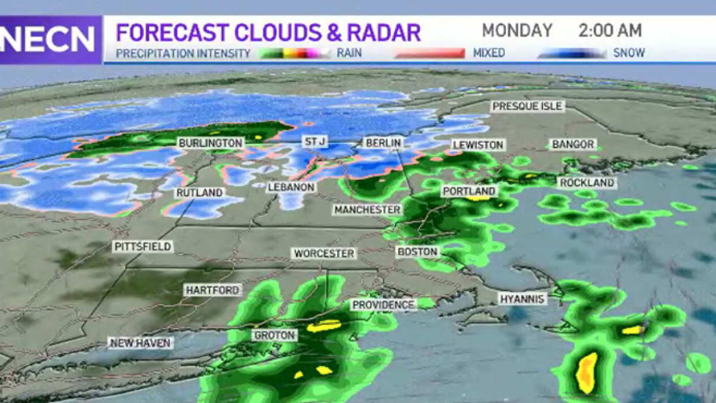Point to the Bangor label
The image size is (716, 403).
pyautogui.click(x=573, y=144)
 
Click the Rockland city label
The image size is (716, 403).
pyautogui.click(x=587, y=183)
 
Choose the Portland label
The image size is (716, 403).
pyautogui.click(x=469, y=191)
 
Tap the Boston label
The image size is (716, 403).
pyautogui.click(x=418, y=252)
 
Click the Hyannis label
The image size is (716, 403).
pyautogui.click(x=523, y=299)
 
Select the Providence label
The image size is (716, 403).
pyautogui.click(x=382, y=305)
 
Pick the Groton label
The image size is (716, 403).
pyautogui.click(x=274, y=335)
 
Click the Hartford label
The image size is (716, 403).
pyautogui.click(x=212, y=290)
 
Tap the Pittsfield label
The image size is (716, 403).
pyautogui.click(x=143, y=247)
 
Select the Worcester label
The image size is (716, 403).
pyautogui.click(x=324, y=254)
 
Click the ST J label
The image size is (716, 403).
pyautogui.click(x=313, y=142)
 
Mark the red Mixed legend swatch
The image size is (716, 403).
pyautogui.click(x=430, y=53)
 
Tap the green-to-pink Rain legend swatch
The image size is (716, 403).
pyautogui.click(x=295, y=53)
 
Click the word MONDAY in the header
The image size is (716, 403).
pyautogui.click(x=517, y=30)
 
